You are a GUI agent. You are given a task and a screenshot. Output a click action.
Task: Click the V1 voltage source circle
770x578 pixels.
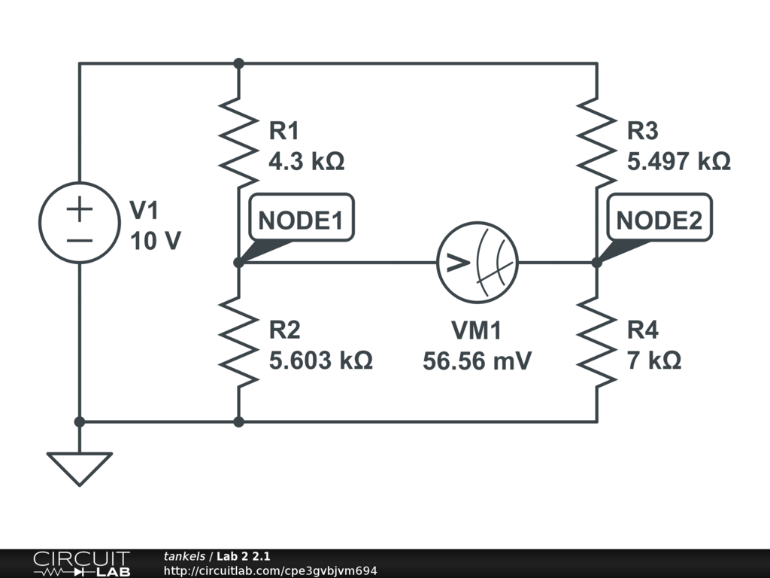[x=79, y=223]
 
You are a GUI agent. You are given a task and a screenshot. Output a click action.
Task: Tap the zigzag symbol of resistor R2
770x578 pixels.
[x=238, y=341]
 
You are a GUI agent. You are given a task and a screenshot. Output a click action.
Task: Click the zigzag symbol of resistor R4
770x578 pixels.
[x=597, y=341]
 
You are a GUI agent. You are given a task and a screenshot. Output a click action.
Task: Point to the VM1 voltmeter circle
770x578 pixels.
[x=477, y=263]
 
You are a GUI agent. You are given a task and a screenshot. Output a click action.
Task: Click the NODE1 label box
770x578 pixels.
[x=300, y=220]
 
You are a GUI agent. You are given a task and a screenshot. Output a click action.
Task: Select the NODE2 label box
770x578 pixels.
[x=659, y=220]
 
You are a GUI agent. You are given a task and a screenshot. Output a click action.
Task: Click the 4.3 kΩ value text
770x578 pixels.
[x=307, y=162]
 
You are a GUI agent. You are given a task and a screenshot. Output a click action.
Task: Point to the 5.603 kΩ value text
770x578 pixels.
[x=321, y=360]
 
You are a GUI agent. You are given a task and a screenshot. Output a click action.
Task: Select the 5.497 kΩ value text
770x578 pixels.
[x=679, y=162]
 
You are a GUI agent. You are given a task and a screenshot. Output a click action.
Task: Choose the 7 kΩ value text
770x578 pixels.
[x=654, y=360]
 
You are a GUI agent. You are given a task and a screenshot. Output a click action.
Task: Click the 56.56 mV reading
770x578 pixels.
[x=477, y=361]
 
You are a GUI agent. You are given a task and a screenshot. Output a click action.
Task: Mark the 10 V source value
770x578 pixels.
[x=156, y=242]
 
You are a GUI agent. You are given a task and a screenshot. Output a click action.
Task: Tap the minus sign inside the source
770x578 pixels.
[x=79, y=240]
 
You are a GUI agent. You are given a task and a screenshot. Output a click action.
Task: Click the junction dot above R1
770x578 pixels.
[x=238, y=64]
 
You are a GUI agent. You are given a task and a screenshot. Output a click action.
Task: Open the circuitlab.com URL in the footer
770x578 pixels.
[x=270, y=570]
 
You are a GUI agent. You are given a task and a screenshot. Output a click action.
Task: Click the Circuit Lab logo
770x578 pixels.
[x=81, y=564]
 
